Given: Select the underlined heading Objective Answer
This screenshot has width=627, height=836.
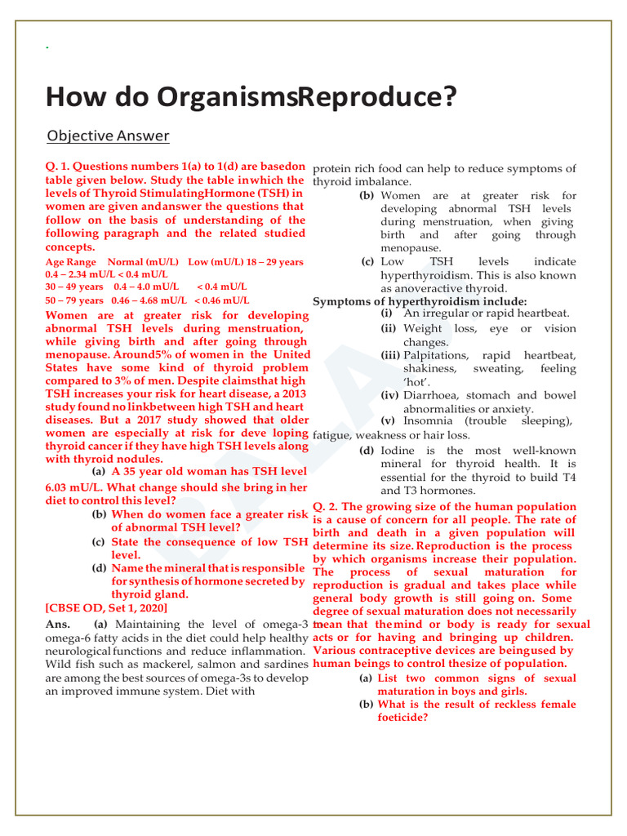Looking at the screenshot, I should coord(108,136).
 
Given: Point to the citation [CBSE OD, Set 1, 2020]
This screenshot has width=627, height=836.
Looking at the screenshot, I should coord(106,608).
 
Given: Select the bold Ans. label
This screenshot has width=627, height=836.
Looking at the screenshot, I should coord(60,625).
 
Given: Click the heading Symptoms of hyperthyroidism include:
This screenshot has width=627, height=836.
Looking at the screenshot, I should coord(420,302).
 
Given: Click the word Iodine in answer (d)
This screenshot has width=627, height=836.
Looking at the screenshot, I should coord(400,451).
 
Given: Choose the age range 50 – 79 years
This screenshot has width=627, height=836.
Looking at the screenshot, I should coord(74,301).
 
